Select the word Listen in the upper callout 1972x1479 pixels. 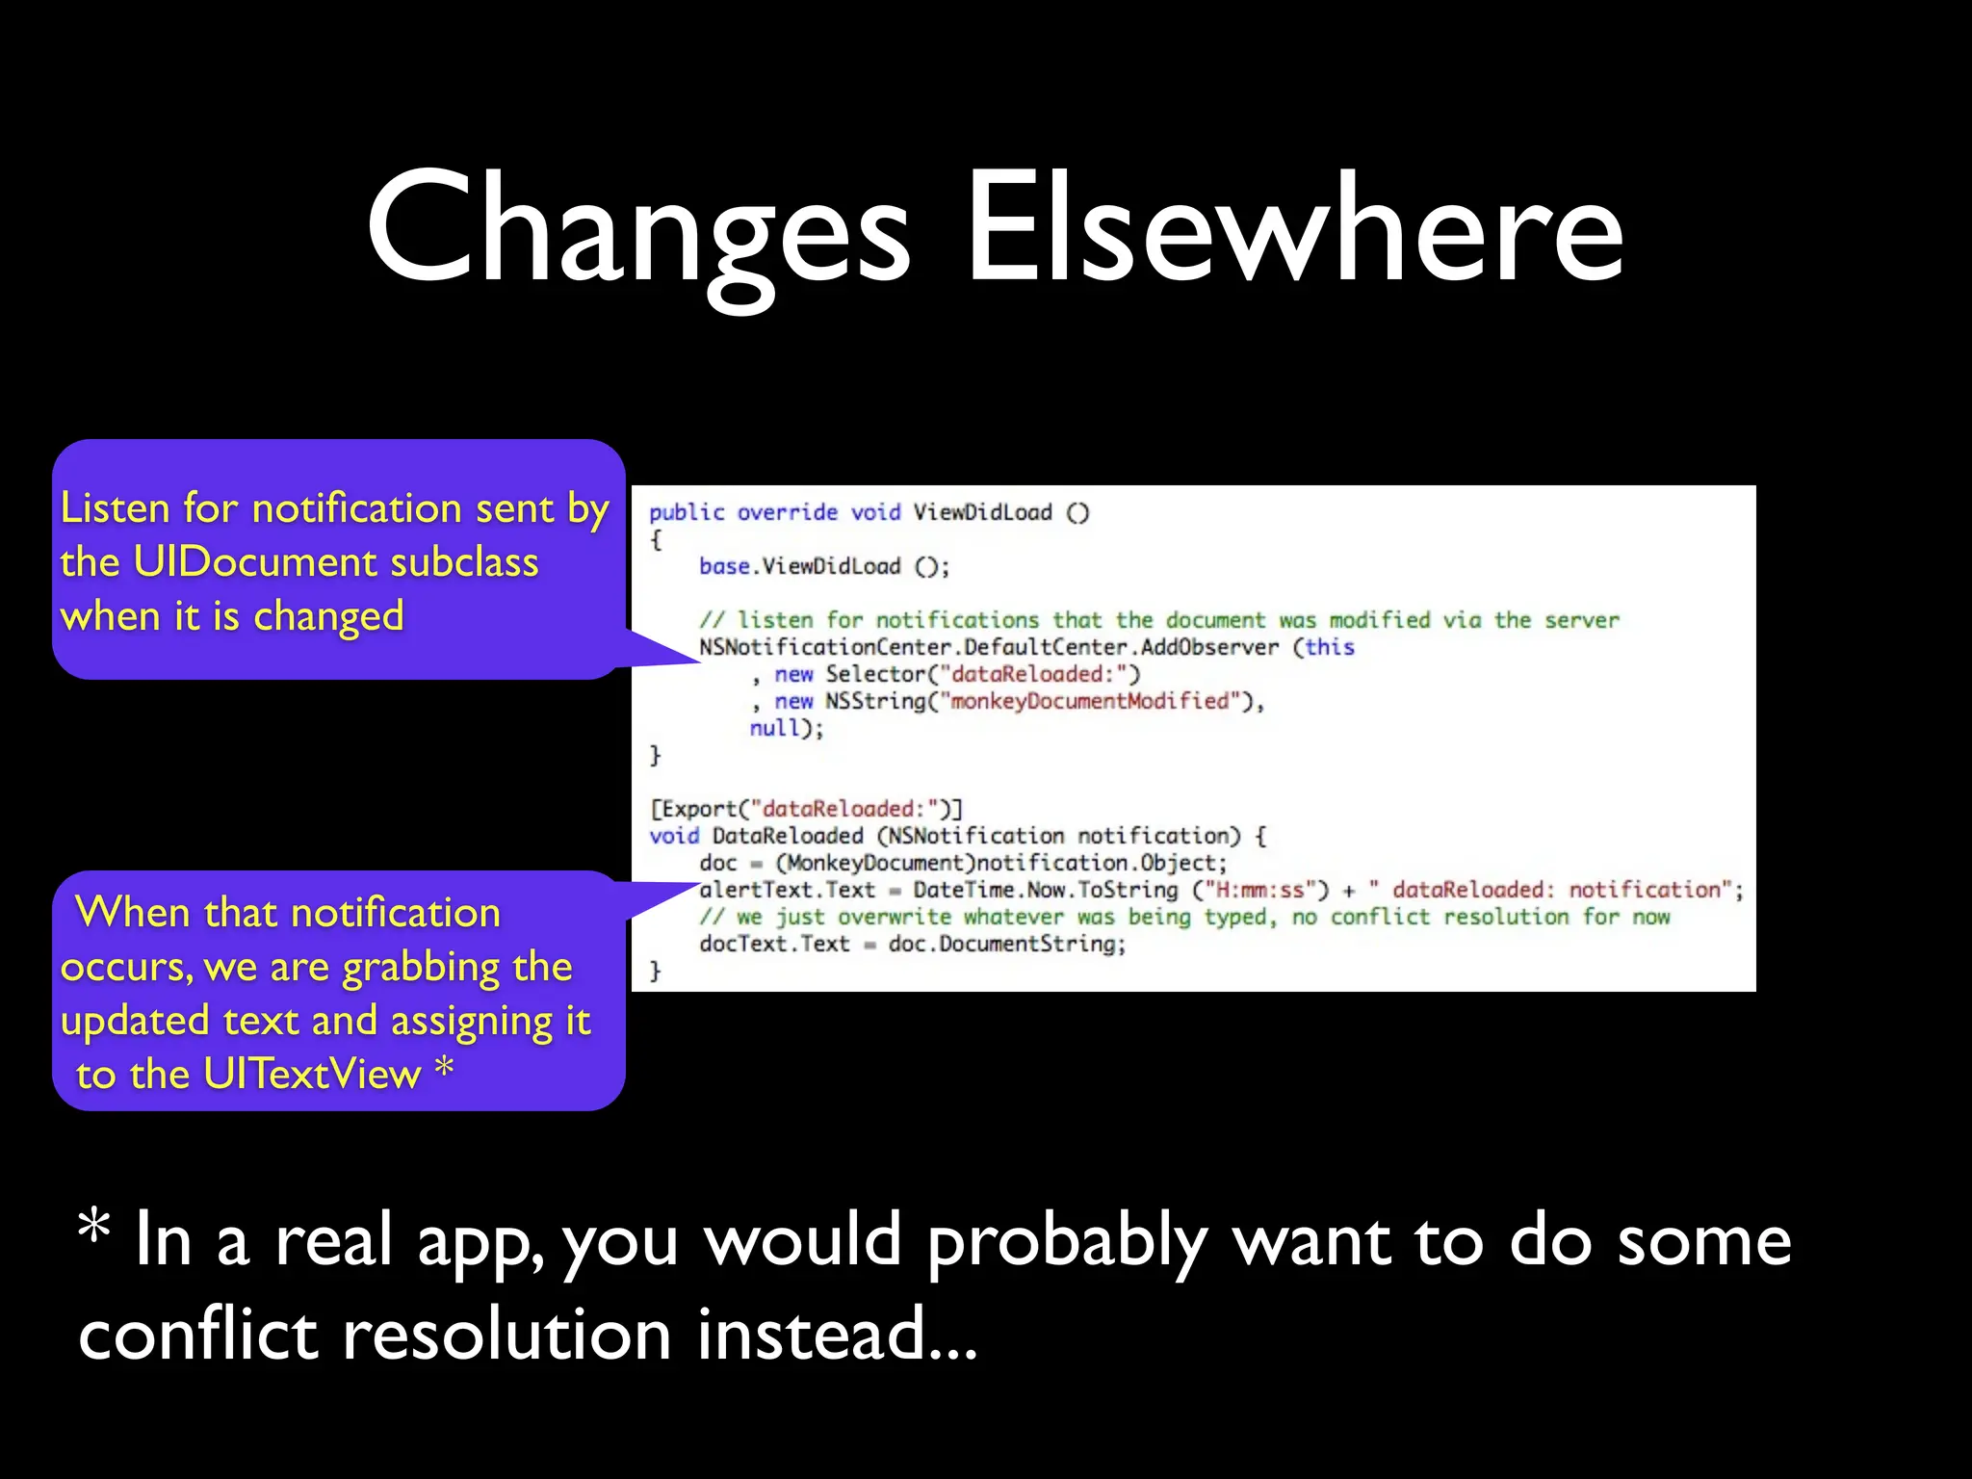pos(115,507)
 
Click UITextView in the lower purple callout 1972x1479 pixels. pos(312,1074)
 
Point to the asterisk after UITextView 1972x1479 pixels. pos(444,1067)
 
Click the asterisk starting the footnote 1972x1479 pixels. pos(94,1228)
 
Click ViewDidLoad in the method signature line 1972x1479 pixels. pos(982,512)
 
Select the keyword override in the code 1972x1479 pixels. pos(788,512)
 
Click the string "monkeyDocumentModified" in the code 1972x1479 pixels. pos(1089,701)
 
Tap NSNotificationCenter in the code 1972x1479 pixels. pos(828,647)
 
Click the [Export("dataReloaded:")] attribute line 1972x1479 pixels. pos(806,809)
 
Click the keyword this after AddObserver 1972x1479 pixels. pos(1330,647)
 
